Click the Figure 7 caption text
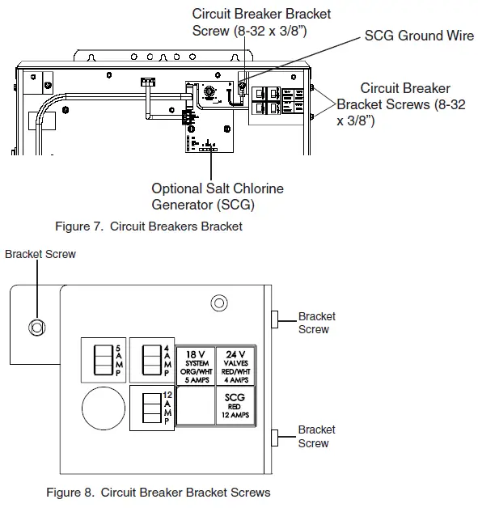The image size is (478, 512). pyautogui.click(x=148, y=226)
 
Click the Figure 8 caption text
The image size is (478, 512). pyautogui.click(x=158, y=492)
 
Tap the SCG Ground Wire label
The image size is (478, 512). pyautogui.click(x=419, y=36)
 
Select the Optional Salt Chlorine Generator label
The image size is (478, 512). pyautogui.click(x=218, y=196)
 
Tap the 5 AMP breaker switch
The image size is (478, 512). pyautogui.click(x=103, y=358)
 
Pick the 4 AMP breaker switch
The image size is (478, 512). pyautogui.click(x=150, y=358)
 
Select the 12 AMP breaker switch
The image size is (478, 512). pyautogui.click(x=150, y=407)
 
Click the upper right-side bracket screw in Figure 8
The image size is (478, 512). pyautogui.click(x=275, y=320)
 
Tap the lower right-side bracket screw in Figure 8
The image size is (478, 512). pyautogui.click(x=275, y=438)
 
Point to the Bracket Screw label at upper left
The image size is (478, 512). pyautogui.click(x=40, y=254)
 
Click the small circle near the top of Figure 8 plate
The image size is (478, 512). pyautogui.click(x=218, y=304)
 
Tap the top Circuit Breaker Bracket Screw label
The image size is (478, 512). pyautogui.click(x=261, y=22)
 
